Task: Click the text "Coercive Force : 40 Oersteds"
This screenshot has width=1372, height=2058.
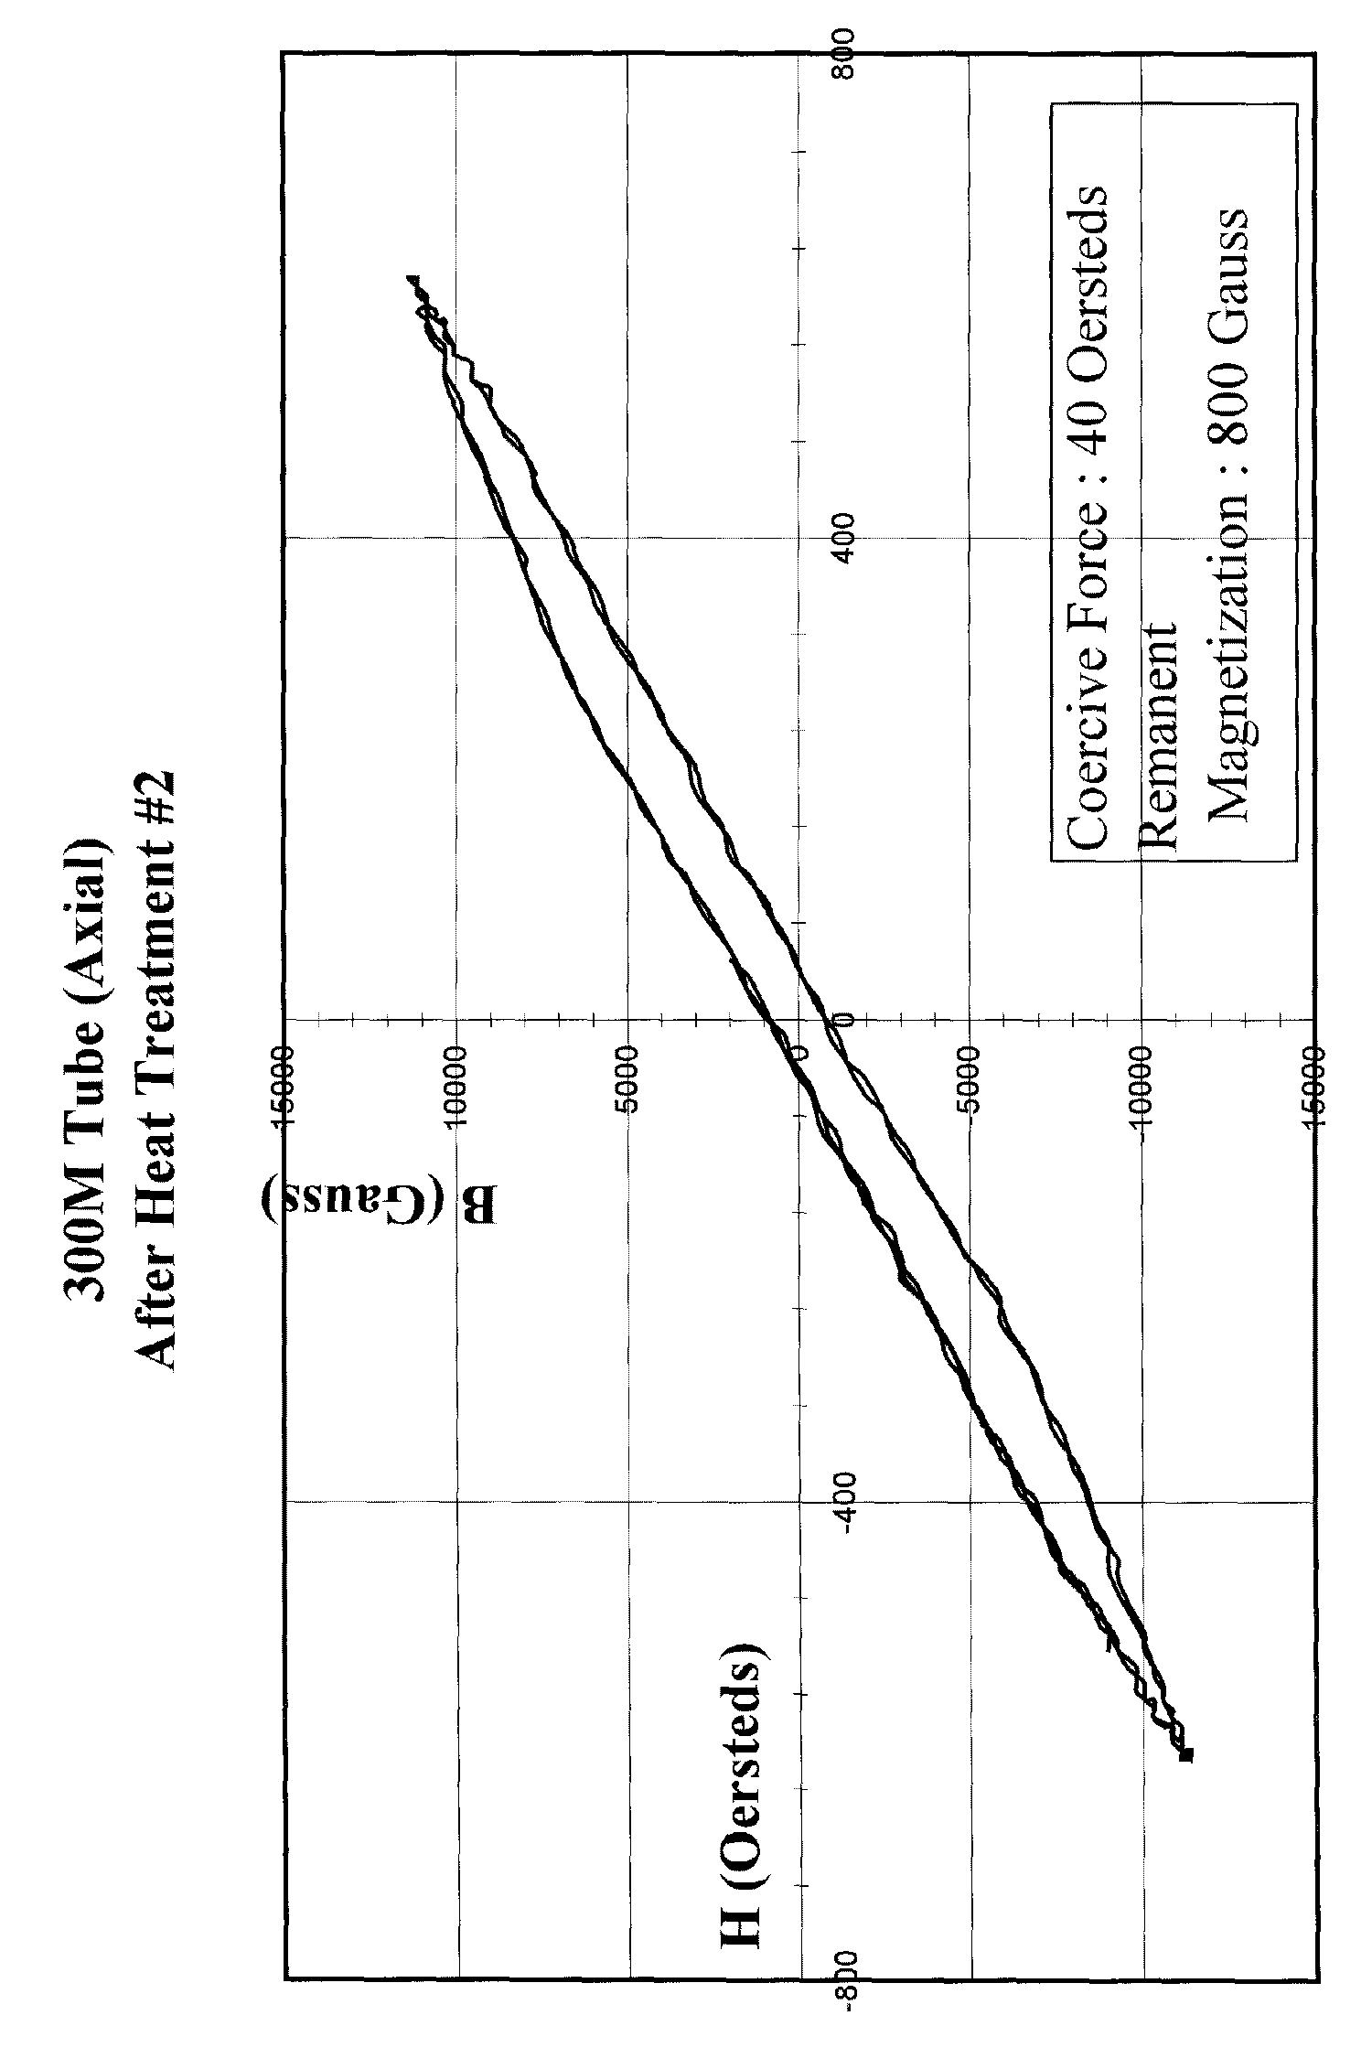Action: pyautogui.click(x=1088, y=517)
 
